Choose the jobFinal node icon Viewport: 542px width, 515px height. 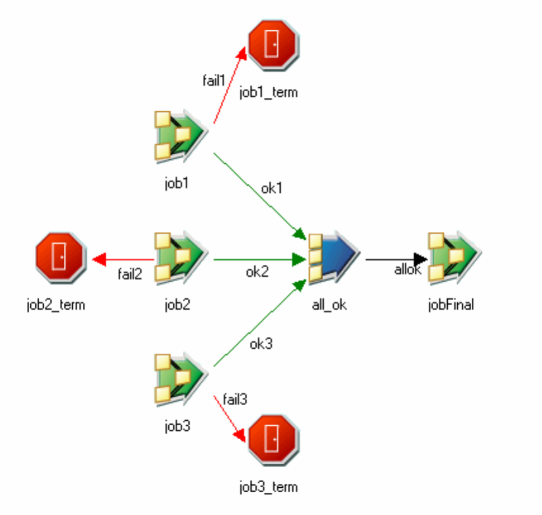coord(453,256)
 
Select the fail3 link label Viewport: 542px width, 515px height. coord(235,399)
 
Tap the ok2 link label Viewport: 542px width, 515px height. coord(257,272)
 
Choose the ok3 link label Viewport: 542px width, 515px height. coord(261,344)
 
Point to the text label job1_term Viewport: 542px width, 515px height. coord(268,93)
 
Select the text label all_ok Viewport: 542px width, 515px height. coord(330,305)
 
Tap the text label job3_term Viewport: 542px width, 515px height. coord(268,487)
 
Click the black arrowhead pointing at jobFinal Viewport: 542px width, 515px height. coord(420,259)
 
